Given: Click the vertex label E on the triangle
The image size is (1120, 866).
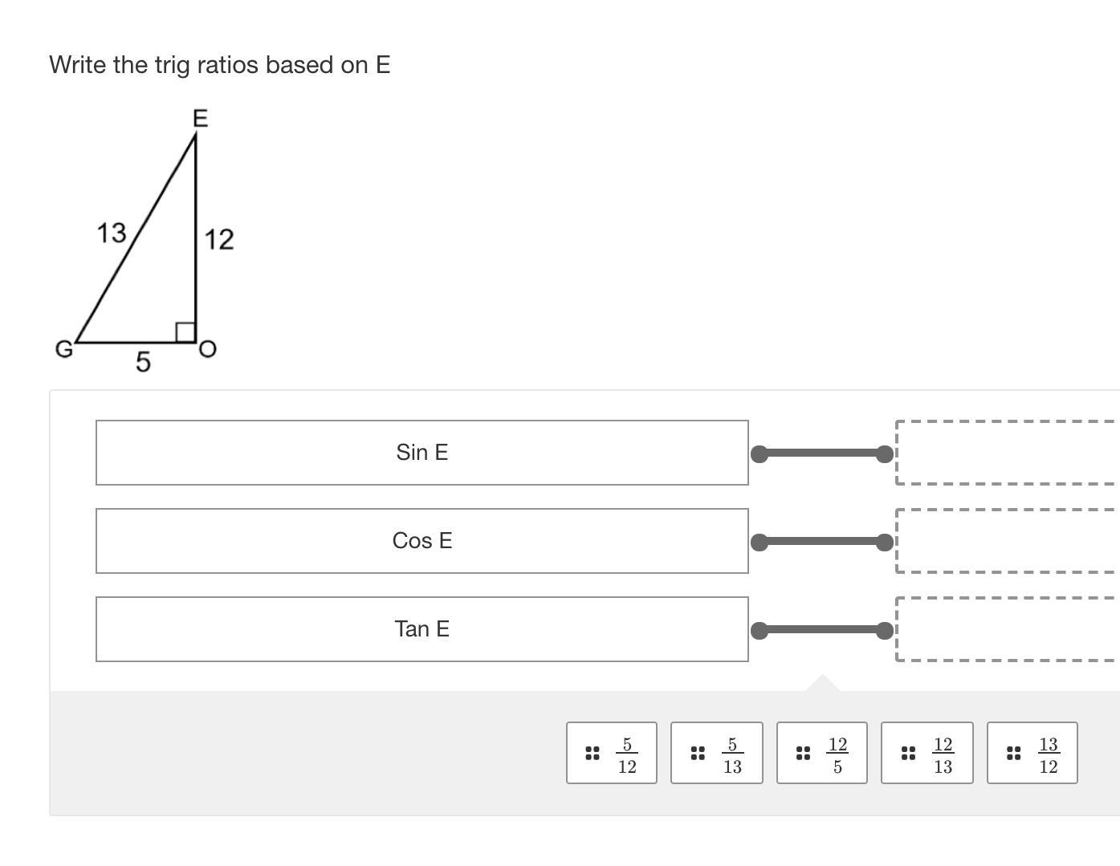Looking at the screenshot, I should (201, 120).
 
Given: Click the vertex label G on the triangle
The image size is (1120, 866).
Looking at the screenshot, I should (63, 349).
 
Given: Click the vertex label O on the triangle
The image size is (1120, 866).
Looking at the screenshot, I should (207, 349).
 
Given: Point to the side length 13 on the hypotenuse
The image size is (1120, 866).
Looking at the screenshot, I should (112, 233).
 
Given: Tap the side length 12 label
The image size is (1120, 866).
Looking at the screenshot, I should (219, 239).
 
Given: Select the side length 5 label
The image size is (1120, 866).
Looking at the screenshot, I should (143, 362).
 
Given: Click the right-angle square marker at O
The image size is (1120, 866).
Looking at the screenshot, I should (185, 332).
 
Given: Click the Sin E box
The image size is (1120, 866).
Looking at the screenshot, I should (422, 453).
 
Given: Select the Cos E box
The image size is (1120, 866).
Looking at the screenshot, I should (422, 541).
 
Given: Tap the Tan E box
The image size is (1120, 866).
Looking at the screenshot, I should (422, 629).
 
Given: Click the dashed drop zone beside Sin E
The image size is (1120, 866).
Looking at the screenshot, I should (1007, 453).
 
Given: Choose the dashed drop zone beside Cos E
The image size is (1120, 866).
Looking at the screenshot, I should (1007, 541).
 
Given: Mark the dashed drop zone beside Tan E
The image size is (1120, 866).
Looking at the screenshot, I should (1007, 629).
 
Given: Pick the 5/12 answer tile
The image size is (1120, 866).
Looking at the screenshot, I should (612, 753).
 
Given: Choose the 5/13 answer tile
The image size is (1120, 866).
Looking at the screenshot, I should (716, 753).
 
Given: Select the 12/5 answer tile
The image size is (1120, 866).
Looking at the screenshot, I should (821, 753).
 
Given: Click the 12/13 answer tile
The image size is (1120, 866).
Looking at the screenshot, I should (927, 753).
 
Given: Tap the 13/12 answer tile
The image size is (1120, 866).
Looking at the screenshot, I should (1032, 753).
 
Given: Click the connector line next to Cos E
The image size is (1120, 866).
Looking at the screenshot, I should (821, 542).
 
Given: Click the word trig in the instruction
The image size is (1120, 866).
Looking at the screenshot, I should (171, 65).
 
